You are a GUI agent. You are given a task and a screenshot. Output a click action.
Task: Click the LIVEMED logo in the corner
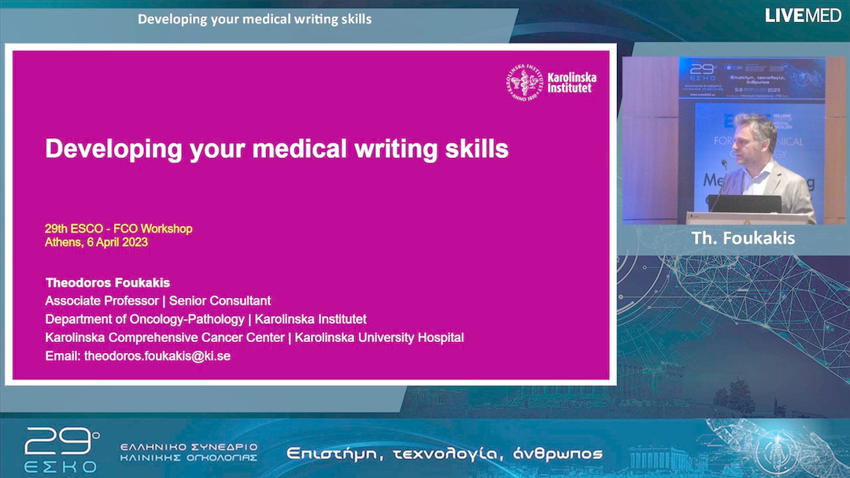pyautogui.click(x=803, y=15)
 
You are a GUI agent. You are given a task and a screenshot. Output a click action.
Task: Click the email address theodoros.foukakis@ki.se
pyautogui.click(x=157, y=356)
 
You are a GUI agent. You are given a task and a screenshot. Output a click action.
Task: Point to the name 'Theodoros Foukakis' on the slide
pyautogui.click(x=108, y=282)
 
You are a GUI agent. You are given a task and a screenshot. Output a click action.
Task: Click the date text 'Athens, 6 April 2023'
pyautogui.click(x=96, y=242)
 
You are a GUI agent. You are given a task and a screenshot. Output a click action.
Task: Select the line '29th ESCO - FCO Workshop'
pyautogui.click(x=118, y=229)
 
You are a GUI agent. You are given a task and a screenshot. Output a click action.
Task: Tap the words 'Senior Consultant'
pyautogui.click(x=220, y=300)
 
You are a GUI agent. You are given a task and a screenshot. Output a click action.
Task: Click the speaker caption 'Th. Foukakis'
pyautogui.click(x=743, y=238)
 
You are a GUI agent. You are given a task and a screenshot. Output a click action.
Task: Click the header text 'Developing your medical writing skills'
pyautogui.click(x=254, y=18)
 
